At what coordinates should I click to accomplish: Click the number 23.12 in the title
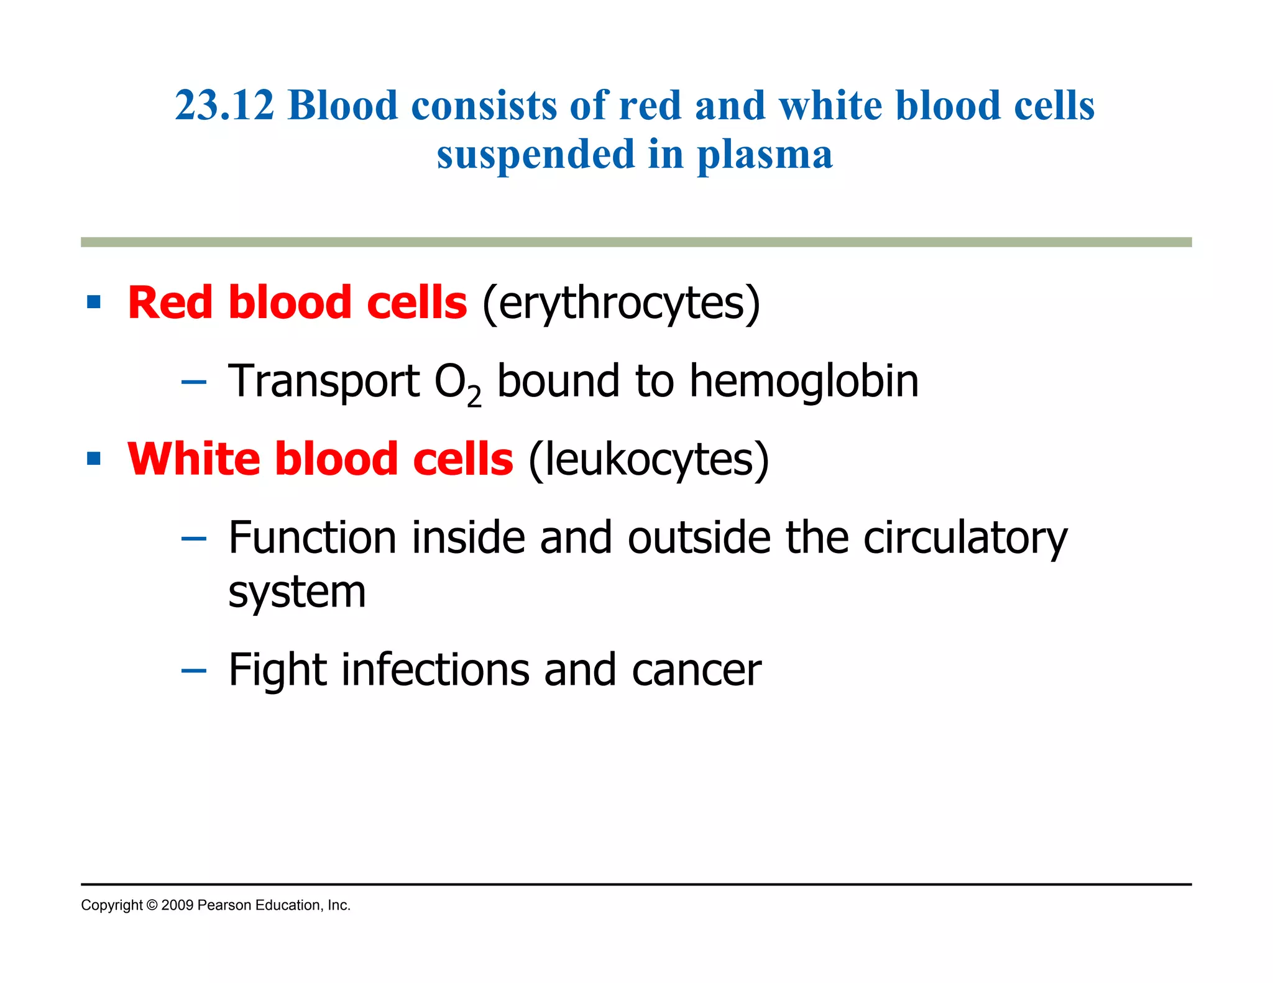pyautogui.click(x=224, y=106)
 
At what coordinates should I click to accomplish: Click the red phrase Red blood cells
pyautogui.click(x=297, y=303)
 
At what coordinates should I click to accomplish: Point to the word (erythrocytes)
pyautogui.click(x=621, y=304)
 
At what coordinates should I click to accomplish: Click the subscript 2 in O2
pyautogui.click(x=474, y=396)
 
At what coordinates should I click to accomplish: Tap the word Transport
pyautogui.click(x=324, y=382)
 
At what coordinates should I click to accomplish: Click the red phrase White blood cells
pyautogui.click(x=320, y=459)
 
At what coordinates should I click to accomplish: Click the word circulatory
pyautogui.click(x=965, y=538)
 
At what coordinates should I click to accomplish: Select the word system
pyautogui.click(x=297, y=593)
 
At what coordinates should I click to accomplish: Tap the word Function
pyautogui.click(x=312, y=537)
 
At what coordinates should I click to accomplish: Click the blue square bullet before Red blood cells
pyautogui.click(x=94, y=303)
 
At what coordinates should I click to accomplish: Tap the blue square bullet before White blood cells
pyautogui.click(x=94, y=459)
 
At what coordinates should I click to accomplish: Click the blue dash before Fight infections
pyautogui.click(x=193, y=671)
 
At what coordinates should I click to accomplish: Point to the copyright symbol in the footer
pyautogui.click(x=152, y=906)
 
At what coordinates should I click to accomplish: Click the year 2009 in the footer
pyautogui.click(x=177, y=906)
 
